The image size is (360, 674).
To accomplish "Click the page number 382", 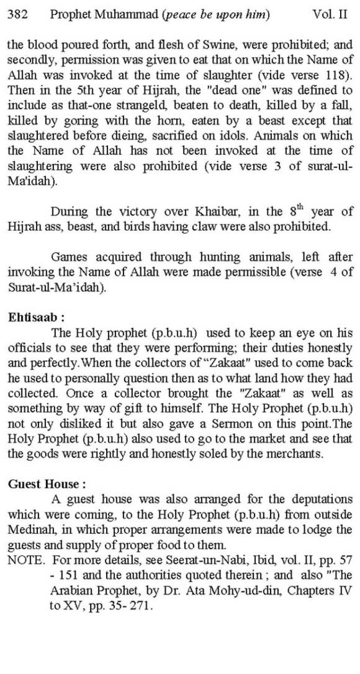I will (18, 15).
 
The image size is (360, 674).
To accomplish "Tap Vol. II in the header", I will (330, 15).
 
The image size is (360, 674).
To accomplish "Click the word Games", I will (69, 257).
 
